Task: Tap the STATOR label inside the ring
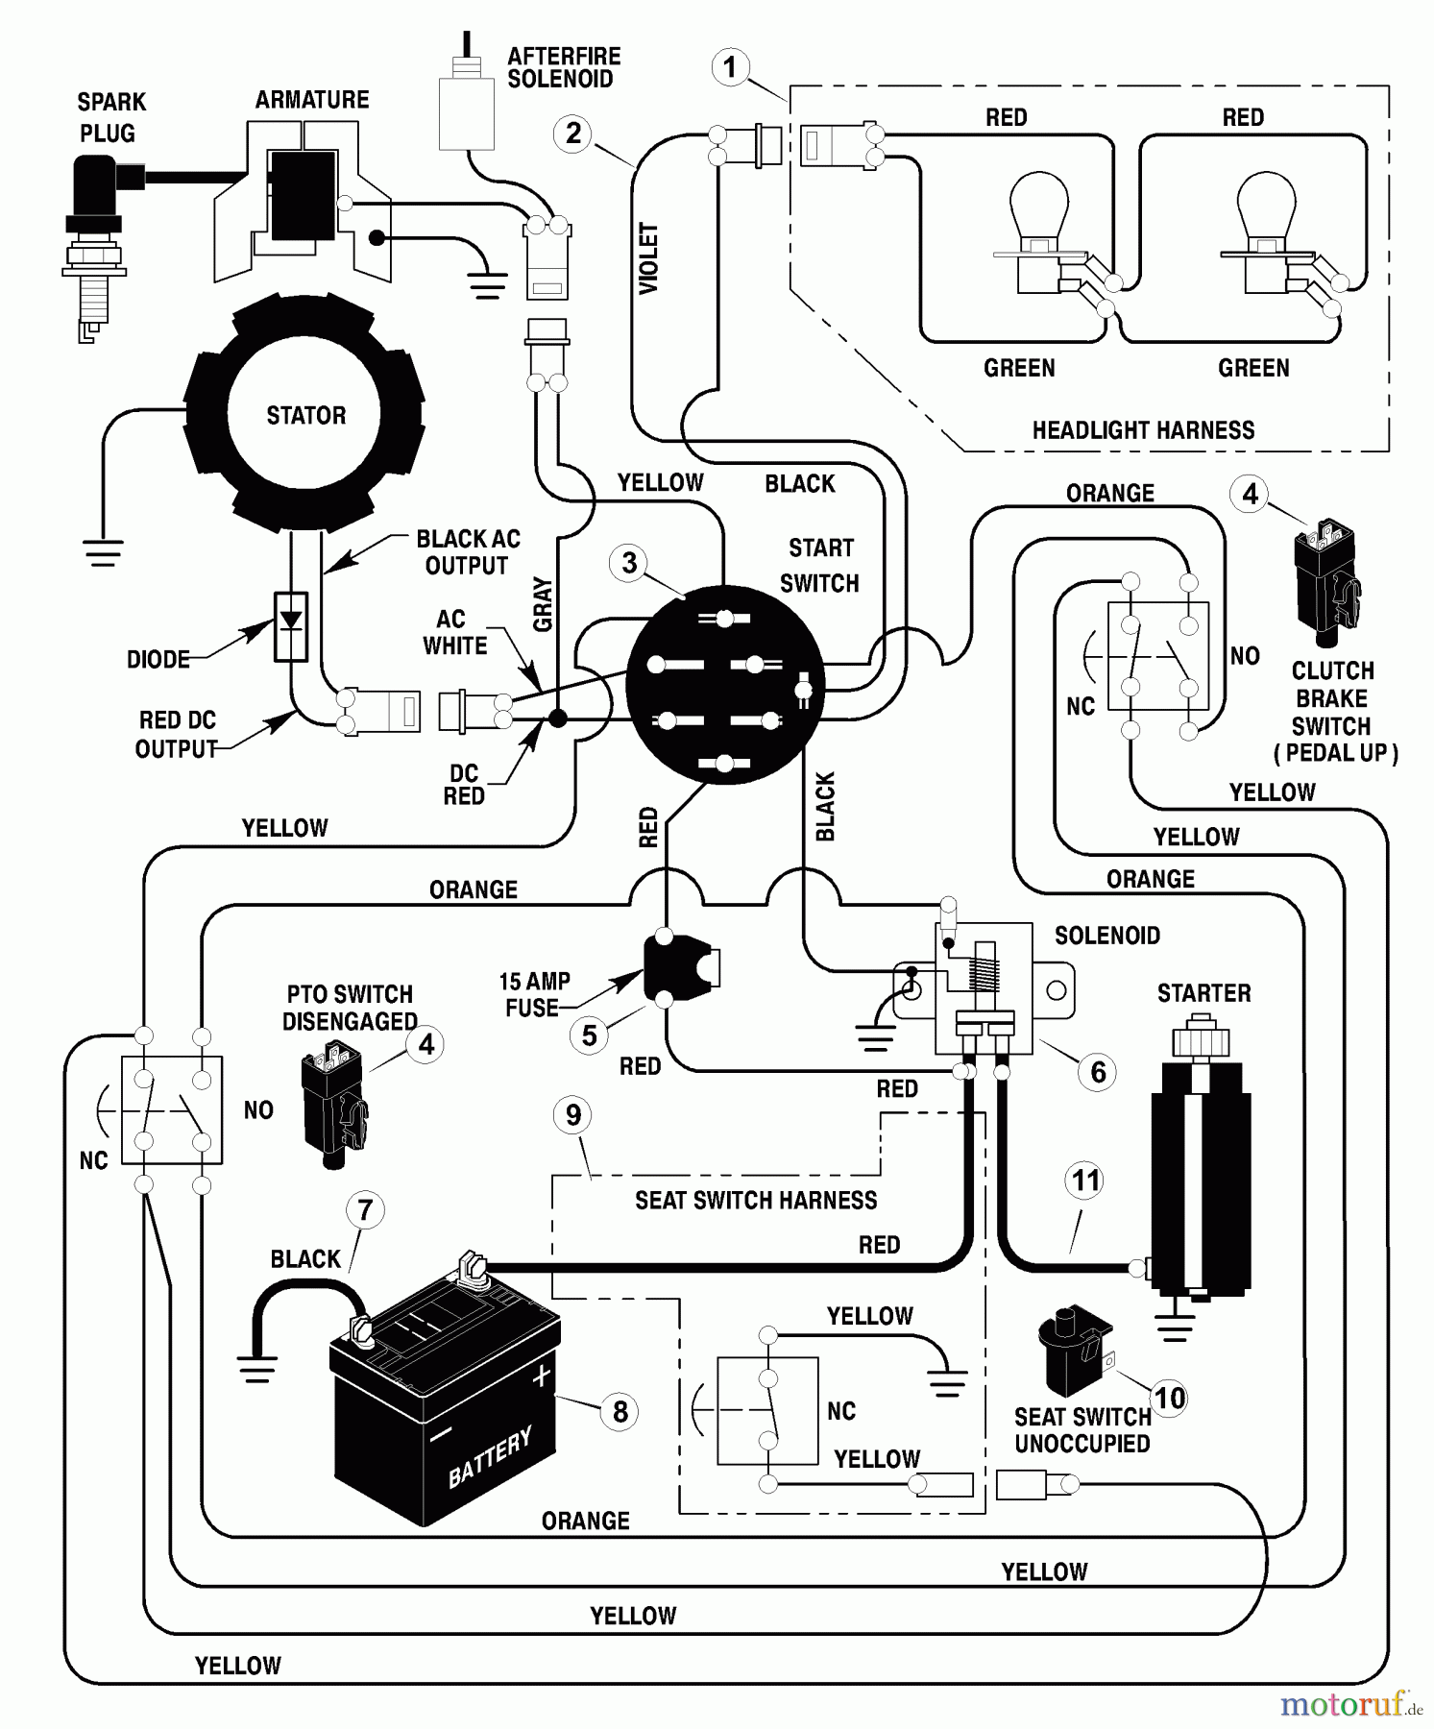click(305, 416)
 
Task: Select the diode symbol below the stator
click(291, 625)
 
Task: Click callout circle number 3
click(629, 563)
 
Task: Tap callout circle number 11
click(1085, 1181)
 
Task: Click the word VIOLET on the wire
click(649, 258)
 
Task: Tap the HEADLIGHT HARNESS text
click(1143, 430)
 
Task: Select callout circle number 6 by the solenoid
click(1098, 1072)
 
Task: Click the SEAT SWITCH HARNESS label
click(756, 1200)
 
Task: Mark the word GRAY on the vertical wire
click(543, 604)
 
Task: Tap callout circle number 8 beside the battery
click(620, 1411)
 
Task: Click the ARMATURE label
click(312, 100)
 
